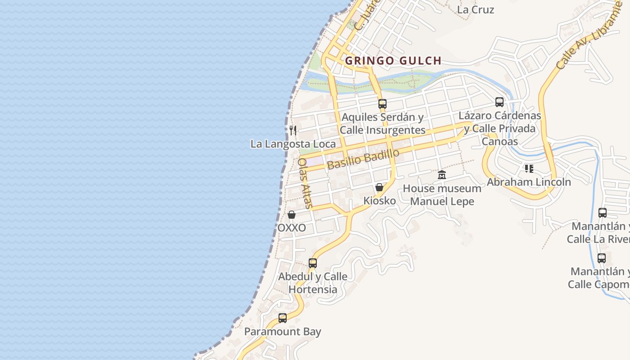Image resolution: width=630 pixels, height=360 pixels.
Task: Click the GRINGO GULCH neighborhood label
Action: (x=393, y=61)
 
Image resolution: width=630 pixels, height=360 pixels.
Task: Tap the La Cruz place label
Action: (x=475, y=9)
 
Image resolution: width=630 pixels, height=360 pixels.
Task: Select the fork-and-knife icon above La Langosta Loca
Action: (x=293, y=130)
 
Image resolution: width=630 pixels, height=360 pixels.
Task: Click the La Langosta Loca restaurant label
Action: (x=293, y=144)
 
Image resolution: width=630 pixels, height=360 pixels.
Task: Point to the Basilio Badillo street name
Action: (x=363, y=159)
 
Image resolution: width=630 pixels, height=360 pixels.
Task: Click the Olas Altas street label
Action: (x=305, y=183)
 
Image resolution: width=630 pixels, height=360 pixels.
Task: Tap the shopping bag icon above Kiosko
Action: (x=379, y=187)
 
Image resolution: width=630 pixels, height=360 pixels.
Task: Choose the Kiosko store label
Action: (x=379, y=201)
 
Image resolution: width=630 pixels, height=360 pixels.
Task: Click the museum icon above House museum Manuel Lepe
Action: (x=442, y=175)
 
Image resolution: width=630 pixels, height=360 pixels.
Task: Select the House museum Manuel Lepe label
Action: (x=442, y=195)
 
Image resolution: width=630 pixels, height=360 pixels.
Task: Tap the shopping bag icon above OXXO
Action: (x=292, y=215)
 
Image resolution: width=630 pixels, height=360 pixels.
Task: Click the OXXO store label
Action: (x=292, y=228)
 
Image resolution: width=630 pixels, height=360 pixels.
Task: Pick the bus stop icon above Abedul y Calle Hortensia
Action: (x=313, y=263)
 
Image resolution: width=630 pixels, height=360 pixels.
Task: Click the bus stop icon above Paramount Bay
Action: (x=283, y=318)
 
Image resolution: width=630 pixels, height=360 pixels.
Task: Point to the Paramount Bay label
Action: (x=283, y=332)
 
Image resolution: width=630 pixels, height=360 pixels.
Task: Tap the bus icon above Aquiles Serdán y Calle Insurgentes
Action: (x=382, y=104)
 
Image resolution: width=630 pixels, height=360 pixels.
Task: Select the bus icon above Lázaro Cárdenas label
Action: (x=499, y=102)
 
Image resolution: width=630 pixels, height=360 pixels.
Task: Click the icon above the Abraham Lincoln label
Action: (x=529, y=169)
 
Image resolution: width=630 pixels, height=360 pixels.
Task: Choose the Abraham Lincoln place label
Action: (x=529, y=182)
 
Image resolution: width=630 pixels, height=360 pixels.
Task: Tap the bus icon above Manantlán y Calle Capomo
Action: (x=602, y=258)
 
